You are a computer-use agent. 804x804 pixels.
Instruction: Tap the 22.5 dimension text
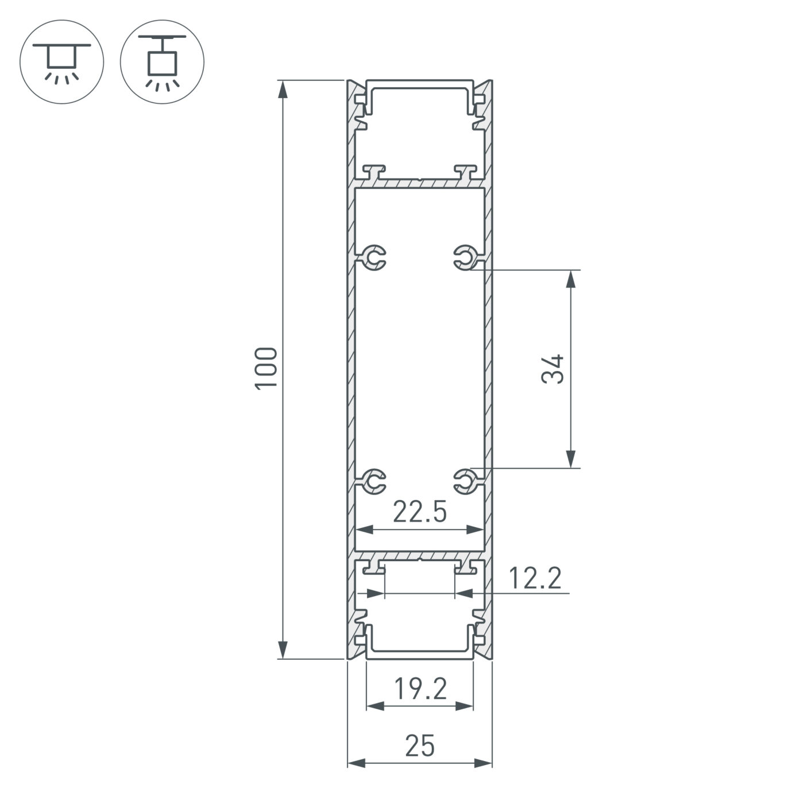click(419, 512)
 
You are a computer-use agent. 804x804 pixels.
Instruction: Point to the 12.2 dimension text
click(535, 578)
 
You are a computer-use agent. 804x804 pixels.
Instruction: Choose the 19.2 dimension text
click(420, 689)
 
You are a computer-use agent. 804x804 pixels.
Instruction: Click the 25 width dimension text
click(420, 747)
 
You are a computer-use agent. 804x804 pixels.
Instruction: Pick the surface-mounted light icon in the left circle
click(61, 61)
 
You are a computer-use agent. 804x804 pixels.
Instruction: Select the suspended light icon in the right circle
click(162, 61)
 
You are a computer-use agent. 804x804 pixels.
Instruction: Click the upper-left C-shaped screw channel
click(375, 258)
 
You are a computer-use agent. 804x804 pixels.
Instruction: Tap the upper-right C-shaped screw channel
click(464, 258)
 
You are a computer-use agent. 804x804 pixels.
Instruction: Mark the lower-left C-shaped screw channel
click(375, 481)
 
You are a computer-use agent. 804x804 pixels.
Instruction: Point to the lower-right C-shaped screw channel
click(464, 481)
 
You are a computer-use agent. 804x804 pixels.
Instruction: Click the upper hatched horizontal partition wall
click(420, 183)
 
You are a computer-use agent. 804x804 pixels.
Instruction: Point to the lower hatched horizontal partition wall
click(420, 556)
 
